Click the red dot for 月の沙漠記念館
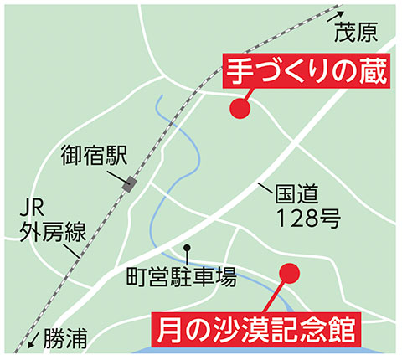[x=289, y=273]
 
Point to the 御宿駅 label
[x=95, y=156]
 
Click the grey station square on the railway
[x=131, y=184]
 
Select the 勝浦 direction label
[x=64, y=338]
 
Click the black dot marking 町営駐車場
[x=188, y=248]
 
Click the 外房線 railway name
[x=52, y=232]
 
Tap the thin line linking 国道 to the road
[x=266, y=188]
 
